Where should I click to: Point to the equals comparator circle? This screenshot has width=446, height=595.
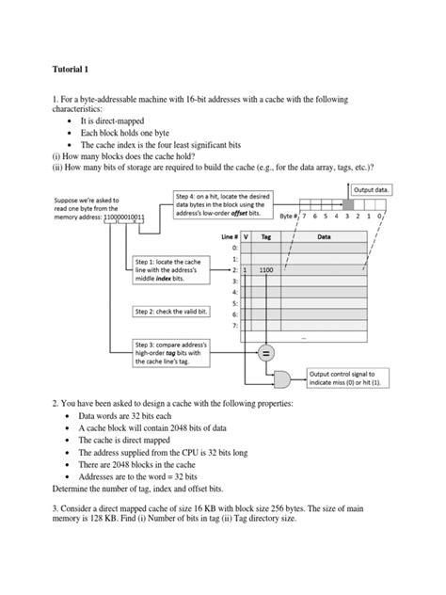(x=266, y=354)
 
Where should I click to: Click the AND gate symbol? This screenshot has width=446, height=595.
(x=279, y=378)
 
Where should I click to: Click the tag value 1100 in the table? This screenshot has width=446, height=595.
(x=266, y=269)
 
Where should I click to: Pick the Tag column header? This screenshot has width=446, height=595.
(x=266, y=237)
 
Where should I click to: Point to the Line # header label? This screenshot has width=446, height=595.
(x=227, y=237)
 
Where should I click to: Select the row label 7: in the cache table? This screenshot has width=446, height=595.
(x=233, y=325)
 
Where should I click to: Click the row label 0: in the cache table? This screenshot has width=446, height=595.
(x=233, y=248)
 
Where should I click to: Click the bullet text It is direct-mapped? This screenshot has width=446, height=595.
(x=122, y=122)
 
